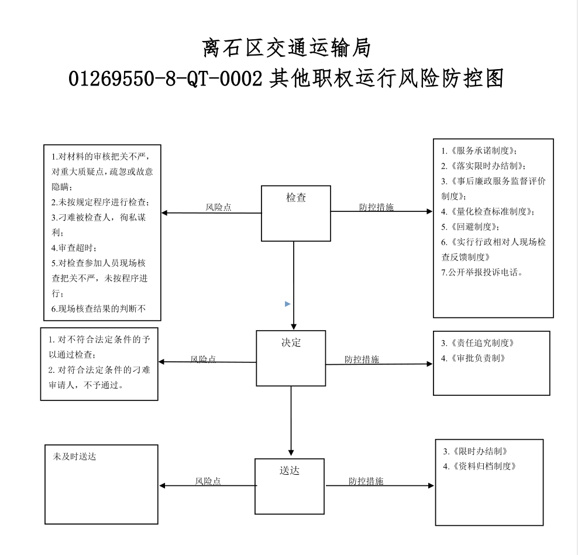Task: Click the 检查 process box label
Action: [x=296, y=198]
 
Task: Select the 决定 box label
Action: [x=291, y=342]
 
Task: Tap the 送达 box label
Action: [x=290, y=471]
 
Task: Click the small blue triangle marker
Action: [x=288, y=304]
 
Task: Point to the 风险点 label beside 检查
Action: [x=219, y=207]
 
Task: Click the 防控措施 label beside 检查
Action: [x=376, y=207]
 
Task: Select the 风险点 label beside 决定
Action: [x=203, y=359]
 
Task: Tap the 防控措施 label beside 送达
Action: [x=366, y=481]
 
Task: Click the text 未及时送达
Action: [x=74, y=457]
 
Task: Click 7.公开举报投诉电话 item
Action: [x=482, y=272]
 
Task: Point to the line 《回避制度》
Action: [x=470, y=227]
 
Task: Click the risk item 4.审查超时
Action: [x=74, y=248]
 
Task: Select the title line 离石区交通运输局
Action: [x=287, y=48]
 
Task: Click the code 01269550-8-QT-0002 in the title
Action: [x=166, y=78]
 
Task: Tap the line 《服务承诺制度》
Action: [x=479, y=150]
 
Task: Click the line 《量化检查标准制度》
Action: [x=488, y=211]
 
